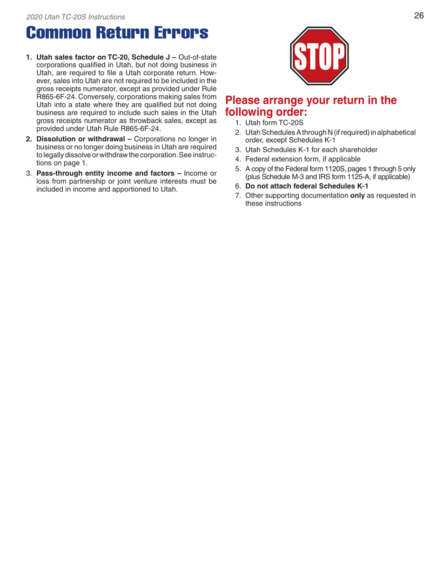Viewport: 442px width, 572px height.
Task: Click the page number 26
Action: tap(418, 16)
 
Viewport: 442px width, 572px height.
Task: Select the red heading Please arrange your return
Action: tap(311, 106)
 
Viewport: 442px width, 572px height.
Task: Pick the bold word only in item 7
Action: tap(357, 196)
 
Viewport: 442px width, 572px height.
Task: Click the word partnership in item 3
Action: tap(84, 180)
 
